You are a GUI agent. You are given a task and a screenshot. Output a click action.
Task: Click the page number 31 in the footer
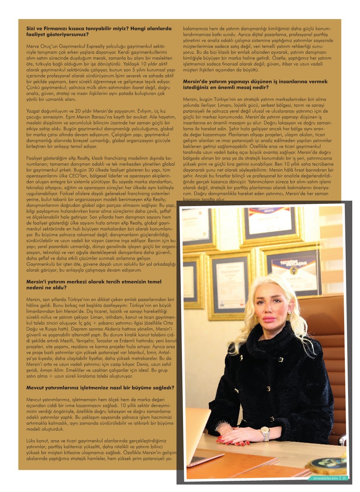(x=344, y=478)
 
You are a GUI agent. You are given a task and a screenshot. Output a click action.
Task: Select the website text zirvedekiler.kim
(x=325, y=478)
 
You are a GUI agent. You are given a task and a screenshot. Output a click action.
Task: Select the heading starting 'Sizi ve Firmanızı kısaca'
(x=99, y=31)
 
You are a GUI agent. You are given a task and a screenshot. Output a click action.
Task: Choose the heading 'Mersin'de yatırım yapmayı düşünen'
(x=255, y=84)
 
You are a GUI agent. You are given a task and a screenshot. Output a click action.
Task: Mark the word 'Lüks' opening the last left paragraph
(x=31, y=441)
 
